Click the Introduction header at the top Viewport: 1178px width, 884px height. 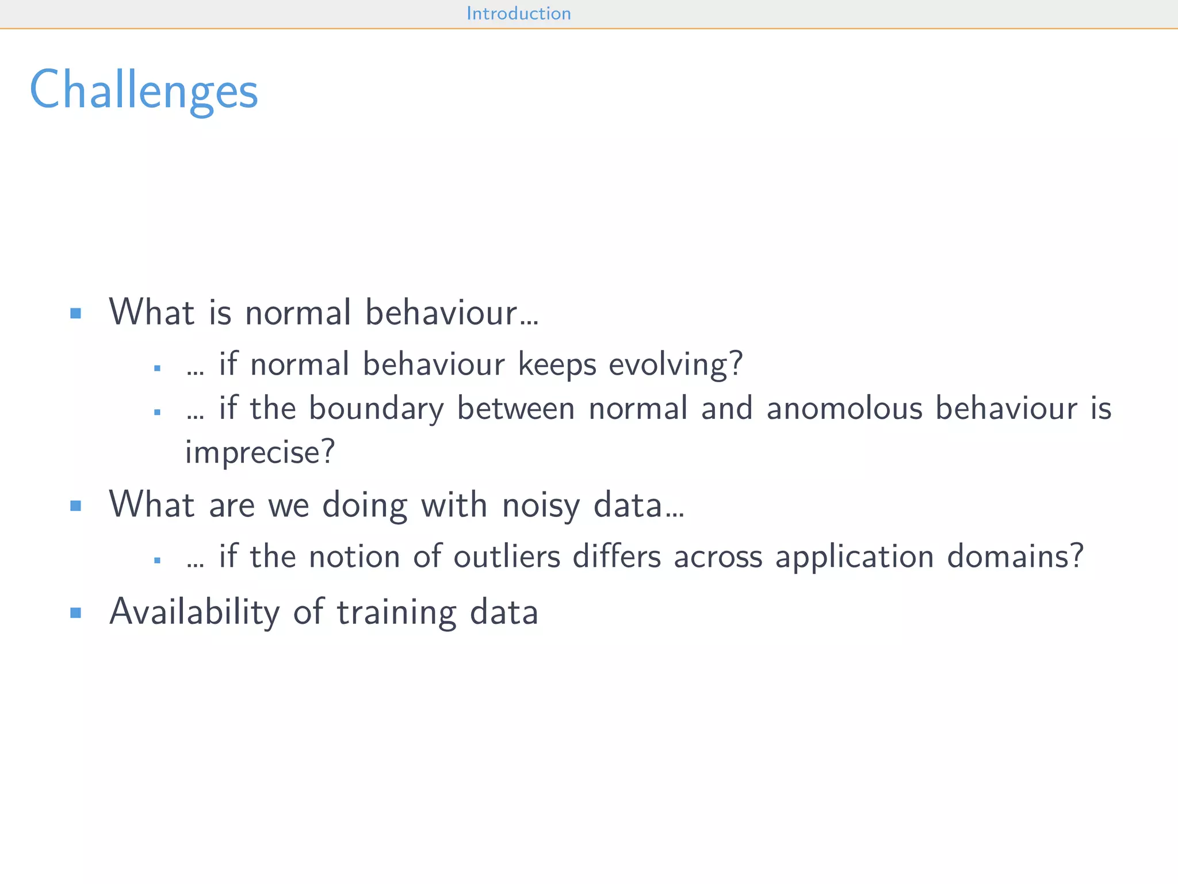[518, 13]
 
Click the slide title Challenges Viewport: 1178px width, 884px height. [144, 90]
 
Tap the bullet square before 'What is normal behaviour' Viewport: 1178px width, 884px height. [75, 313]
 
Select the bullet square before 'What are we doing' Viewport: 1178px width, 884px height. [75, 506]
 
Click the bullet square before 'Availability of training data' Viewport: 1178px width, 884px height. [75, 612]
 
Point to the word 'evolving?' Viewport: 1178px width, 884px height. [676, 365]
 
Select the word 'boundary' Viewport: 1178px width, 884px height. [376, 409]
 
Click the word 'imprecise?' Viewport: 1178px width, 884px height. [260, 452]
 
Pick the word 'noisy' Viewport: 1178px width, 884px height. [541, 505]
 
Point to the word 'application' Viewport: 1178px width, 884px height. [854, 557]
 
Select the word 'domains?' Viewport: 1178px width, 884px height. [1015, 557]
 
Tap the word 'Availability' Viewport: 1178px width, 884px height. [194, 612]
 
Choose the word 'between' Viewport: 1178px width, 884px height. [516, 409]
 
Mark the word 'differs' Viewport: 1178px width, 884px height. [617, 557]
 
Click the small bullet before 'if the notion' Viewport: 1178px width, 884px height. [157, 560]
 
